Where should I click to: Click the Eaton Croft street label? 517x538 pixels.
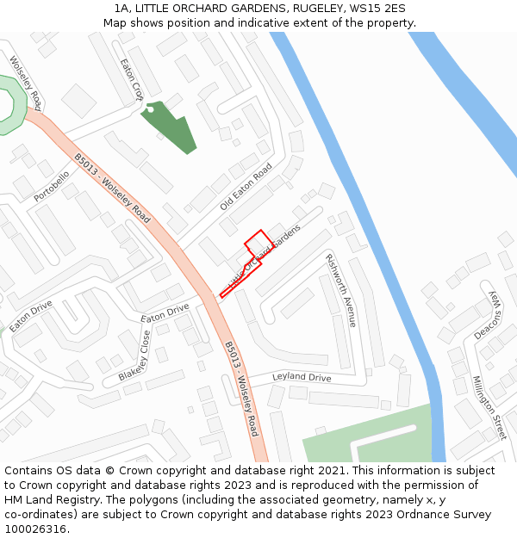tap(132, 78)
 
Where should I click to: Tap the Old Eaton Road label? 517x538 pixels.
tap(246, 187)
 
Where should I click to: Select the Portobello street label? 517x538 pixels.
tap(51, 187)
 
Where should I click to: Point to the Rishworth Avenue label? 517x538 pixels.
tap(340, 290)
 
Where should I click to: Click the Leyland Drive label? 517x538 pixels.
tap(302, 378)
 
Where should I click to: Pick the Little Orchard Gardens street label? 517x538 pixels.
tap(264, 257)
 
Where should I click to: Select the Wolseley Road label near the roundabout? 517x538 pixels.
tap(25, 83)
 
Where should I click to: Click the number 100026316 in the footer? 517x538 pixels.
tap(35, 529)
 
